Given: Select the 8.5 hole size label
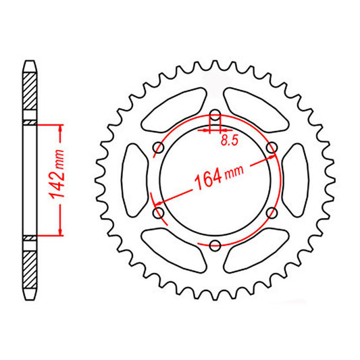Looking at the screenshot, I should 230,141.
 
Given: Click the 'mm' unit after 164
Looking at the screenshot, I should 234,173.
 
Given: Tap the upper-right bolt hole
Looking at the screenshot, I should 272,147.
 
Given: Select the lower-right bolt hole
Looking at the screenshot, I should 272,212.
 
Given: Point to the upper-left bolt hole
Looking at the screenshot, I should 159,147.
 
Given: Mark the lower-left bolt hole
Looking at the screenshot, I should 159,212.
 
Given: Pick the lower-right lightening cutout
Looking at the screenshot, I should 257,250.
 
